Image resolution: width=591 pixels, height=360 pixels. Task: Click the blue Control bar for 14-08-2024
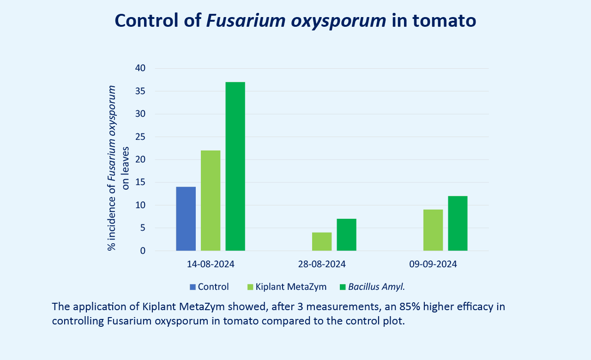(x=186, y=219)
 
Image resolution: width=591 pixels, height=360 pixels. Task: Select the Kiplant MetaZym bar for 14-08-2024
(x=211, y=200)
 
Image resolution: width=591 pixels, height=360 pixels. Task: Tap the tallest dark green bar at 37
(x=235, y=166)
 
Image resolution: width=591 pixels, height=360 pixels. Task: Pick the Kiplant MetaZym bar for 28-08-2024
(x=322, y=241)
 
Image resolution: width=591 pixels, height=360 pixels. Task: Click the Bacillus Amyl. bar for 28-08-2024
(x=346, y=234)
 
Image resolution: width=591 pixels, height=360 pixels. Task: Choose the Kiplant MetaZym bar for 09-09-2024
(x=433, y=230)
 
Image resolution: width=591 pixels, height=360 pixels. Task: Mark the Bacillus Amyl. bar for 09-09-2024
(x=458, y=223)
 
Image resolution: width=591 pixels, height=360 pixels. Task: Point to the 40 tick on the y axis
(x=140, y=68)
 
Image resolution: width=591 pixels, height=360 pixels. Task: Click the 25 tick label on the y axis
(x=140, y=137)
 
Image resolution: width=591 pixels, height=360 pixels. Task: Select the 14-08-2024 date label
(x=211, y=264)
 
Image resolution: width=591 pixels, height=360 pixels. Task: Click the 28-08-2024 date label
(x=322, y=264)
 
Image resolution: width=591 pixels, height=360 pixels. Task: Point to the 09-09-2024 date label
(x=433, y=264)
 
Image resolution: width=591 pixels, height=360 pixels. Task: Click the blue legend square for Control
(x=193, y=287)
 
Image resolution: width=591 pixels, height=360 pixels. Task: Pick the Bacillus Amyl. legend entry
(x=376, y=287)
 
